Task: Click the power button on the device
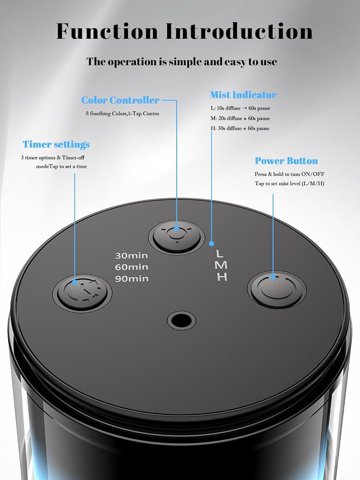276,288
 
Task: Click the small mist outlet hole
181,321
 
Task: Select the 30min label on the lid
132,255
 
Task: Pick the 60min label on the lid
132,267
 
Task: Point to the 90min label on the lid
132,278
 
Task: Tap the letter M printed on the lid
221,265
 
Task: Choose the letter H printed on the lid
222,276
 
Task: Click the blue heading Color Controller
120,100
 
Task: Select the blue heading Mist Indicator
243,95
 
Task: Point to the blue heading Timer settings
56,144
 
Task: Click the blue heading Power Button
286,161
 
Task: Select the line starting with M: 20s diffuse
240,118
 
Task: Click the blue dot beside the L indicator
211,244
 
